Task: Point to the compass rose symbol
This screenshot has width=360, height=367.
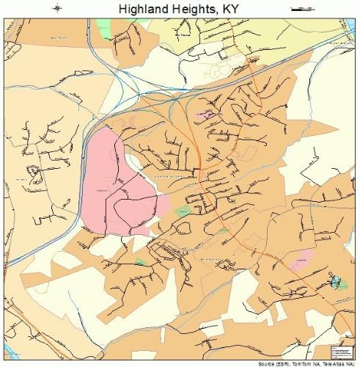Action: (58, 8)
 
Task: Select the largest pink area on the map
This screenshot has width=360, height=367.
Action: (117, 183)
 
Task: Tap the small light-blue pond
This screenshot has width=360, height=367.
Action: (337, 280)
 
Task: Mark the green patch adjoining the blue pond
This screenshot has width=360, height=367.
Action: (342, 284)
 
